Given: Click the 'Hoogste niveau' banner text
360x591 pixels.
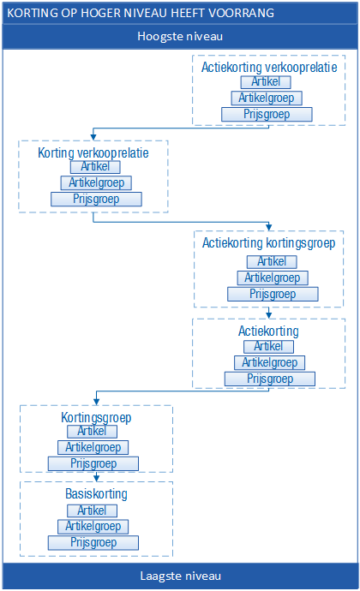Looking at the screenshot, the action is point(180,36).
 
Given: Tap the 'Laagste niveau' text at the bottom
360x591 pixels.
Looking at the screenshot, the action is point(180,576).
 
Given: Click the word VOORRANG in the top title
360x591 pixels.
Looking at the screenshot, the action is point(242,13).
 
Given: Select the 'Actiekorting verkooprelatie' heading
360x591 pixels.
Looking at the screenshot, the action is point(269,67).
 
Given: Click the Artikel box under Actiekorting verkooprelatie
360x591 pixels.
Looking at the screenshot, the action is point(266,81).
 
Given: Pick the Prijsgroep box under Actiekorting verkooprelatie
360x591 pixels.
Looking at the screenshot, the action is point(267,114).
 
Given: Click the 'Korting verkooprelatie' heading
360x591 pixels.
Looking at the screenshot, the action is point(93,152).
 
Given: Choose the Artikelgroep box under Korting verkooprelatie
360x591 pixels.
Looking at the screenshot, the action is point(96,182).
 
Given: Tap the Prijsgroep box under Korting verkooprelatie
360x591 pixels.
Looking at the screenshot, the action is point(96,199).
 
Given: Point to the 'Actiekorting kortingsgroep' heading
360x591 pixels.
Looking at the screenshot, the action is point(268,242).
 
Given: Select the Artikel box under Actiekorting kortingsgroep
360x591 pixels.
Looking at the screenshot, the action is point(272,261).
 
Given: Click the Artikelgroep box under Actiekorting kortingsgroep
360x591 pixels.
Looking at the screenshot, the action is point(273,278).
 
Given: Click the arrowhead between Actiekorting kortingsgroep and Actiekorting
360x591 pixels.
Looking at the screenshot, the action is point(268,315).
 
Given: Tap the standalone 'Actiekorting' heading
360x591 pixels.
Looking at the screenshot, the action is point(268,331).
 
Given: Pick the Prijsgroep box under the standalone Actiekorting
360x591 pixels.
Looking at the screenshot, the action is point(270,379).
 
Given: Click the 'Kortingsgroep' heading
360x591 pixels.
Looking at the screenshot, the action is point(96,417).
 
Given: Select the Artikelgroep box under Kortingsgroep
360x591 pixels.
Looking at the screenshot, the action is point(93,447).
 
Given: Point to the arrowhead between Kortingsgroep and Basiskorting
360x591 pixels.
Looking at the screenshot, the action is point(97,478).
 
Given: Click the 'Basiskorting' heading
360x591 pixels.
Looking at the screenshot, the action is point(96,493).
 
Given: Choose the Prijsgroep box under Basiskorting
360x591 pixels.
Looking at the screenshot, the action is point(93,543).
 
